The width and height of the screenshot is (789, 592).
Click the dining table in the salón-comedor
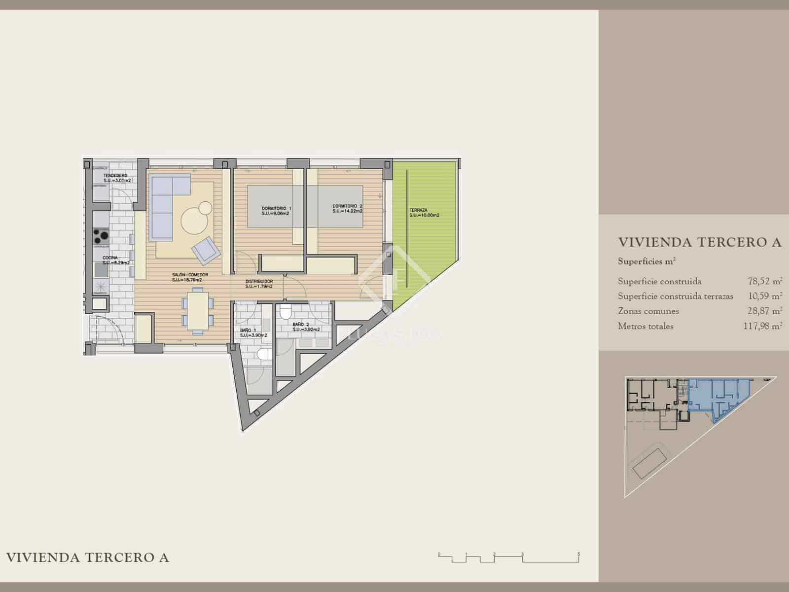coord(197,310)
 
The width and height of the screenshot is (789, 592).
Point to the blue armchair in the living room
coord(206,249)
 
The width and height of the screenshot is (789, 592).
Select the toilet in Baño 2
coord(286,313)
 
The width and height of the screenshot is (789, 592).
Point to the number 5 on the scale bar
coord(579,555)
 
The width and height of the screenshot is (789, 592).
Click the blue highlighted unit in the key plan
coord(715,395)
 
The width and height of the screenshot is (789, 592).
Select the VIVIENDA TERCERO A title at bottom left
coord(87,558)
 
